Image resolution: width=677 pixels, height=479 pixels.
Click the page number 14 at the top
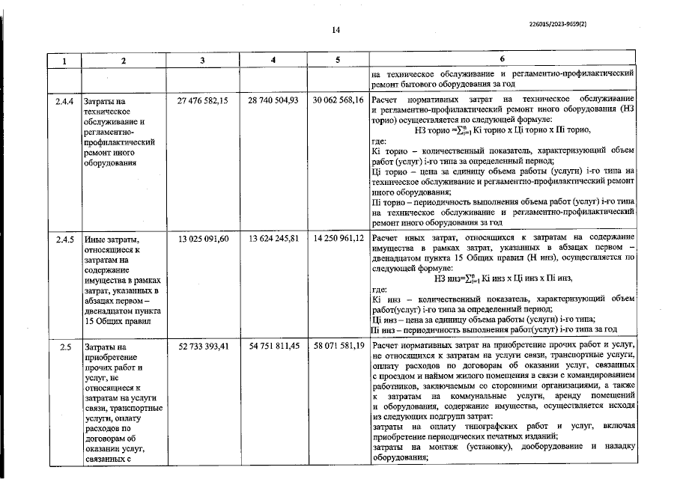click(x=336, y=30)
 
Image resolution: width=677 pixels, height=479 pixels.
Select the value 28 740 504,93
click(x=274, y=100)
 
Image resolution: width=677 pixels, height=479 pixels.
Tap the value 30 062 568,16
click(x=338, y=100)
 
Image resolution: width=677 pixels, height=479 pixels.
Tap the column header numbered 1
click(x=64, y=59)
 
